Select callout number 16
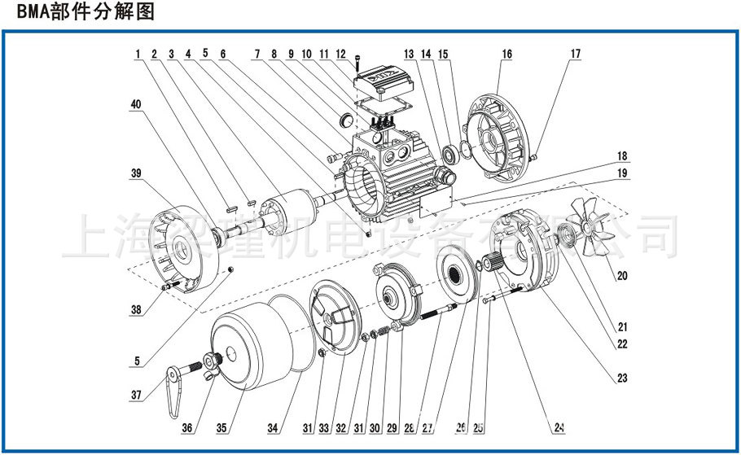tap(506, 55)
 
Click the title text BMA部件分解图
tap(78, 13)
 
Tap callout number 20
tap(622, 276)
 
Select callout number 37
tap(137, 395)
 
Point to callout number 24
tap(560, 427)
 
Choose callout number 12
tap(341, 55)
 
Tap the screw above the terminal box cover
tap(357, 62)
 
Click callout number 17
tap(576, 55)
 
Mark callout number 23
tap(622, 378)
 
